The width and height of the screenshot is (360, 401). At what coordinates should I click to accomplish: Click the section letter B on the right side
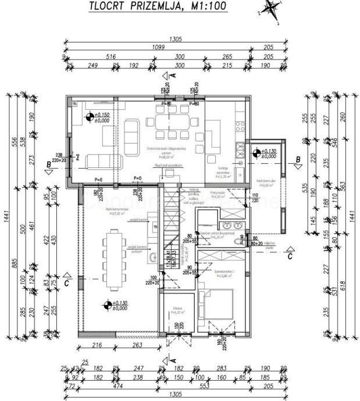pos(298,159)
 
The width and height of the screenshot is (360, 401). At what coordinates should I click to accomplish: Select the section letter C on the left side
pos(67,283)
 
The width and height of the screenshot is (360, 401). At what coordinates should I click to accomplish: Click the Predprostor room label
pos(219,196)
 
